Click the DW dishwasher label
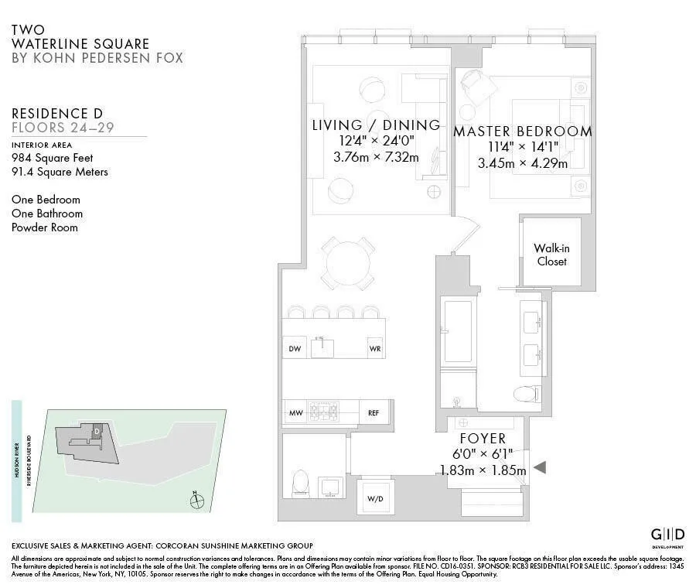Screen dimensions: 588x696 295,349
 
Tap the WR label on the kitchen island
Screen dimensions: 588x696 375,349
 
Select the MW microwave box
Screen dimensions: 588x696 295,413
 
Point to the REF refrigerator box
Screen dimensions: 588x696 374,413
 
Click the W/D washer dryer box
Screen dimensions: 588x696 374,497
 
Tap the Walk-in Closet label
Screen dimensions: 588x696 551,255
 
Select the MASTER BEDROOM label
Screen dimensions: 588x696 523,132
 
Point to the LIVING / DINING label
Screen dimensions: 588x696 376,125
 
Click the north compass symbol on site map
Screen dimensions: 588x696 198,501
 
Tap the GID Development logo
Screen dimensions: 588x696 667,535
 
